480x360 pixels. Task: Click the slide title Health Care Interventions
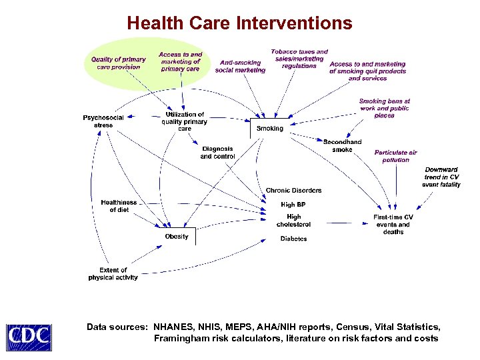point(239,24)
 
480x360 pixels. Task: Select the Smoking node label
point(270,129)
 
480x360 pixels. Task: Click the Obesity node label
point(177,236)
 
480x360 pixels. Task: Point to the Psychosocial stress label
point(103,121)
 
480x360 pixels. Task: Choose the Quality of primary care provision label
point(119,63)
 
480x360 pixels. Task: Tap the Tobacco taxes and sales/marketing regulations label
point(299,59)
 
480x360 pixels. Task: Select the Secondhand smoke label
point(343,146)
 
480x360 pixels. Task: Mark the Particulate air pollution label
point(396,156)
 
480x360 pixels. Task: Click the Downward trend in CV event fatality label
point(441,177)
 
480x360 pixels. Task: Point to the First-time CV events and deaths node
point(393,225)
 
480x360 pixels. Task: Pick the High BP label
point(293,205)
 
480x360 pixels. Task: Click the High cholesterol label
point(293,221)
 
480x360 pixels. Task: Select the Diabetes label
point(293,238)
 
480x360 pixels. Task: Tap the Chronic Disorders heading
point(293,191)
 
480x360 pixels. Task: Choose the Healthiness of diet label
point(119,206)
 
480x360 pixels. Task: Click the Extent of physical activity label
point(113,274)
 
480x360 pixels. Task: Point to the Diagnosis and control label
point(217,153)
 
